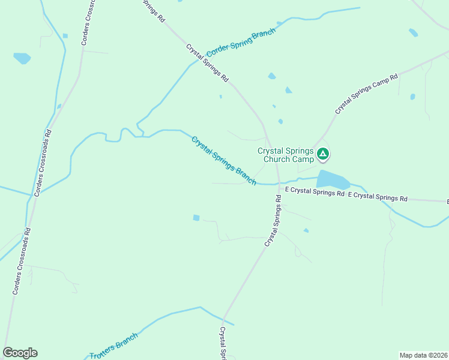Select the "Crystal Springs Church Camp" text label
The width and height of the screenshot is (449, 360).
point(286,155)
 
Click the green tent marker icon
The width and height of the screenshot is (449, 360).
point(323,154)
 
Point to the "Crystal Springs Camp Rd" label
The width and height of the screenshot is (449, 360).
point(366,94)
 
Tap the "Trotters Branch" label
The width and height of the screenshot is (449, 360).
point(114,346)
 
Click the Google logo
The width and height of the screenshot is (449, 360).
point(20,353)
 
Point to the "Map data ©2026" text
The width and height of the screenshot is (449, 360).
point(423,355)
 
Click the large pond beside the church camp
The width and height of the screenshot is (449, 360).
point(332,179)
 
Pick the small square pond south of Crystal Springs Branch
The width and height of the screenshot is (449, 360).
point(196,217)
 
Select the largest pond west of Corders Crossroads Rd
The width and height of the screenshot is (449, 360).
point(22,58)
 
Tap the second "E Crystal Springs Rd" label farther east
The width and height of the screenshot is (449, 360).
point(378,196)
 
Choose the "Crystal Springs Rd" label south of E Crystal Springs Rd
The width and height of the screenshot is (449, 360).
point(273,220)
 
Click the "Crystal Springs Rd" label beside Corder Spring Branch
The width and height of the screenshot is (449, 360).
point(207,62)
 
